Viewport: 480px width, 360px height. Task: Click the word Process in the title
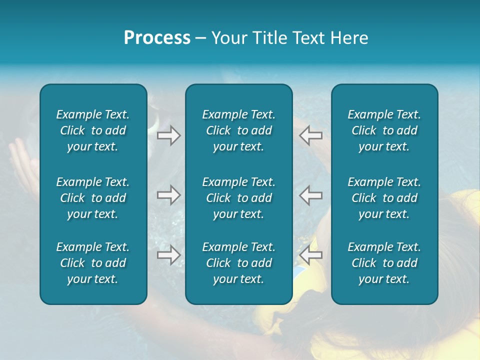pyautogui.click(x=157, y=38)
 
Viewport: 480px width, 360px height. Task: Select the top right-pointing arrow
pyautogui.click(x=168, y=135)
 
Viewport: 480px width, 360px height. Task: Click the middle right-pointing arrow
pyautogui.click(x=168, y=195)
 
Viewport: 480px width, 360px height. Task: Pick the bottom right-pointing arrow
pyautogui.click(x=168, y=254)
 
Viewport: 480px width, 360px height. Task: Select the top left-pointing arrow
pyautogui.click(x=311, y=135)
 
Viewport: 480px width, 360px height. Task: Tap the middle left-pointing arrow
pyautogui.click(x=311, y=195)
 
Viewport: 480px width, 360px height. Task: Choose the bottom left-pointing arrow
pyautogui.click(x=311, y=254)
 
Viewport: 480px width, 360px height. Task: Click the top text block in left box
pyautogui.click(x=93, y=130)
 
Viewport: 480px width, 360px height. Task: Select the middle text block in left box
pyautogui.click(x=93, y=198)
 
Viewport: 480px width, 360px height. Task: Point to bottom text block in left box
pyautogui.click(x=93, y=263)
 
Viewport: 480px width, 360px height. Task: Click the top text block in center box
pyautogui.click(x=238, y=130)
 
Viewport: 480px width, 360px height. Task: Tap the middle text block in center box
pyautogui.click(x=238, y=198)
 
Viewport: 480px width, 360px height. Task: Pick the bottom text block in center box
pyautogui.click(x=238, y=263)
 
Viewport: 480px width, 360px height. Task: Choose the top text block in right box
pyautogui.click(x=384, y=130)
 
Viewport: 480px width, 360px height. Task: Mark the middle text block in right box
pyautogui.click(x=384, y=198)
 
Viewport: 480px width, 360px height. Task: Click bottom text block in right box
pyautogui.click(x=384, y=263)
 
